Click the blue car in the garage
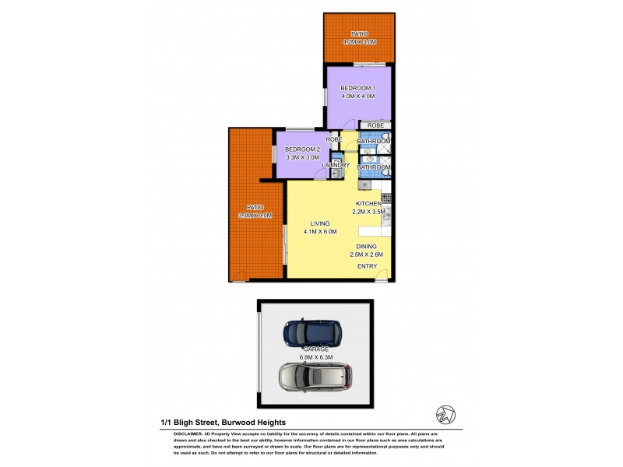[312, 332]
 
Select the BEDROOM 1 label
[357, 88]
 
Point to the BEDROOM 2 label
[302, 149]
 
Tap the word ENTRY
[367, 266]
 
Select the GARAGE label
[316, 349]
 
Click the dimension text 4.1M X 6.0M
[319, 231]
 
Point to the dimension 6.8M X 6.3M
[316, 358]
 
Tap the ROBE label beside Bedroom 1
[375, 125]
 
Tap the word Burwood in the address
[235, 422]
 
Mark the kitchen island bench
[372, 232]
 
